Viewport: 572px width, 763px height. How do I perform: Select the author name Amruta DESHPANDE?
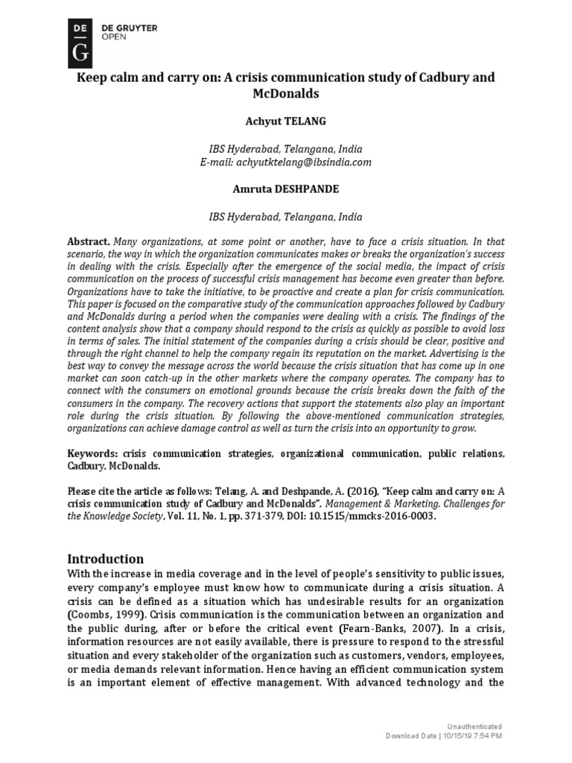tap(286, 189)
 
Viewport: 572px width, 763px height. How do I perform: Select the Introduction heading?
tap(106, 558)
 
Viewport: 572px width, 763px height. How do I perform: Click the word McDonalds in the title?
tap(286, 95)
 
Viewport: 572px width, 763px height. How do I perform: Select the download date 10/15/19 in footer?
tap(457, 736)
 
